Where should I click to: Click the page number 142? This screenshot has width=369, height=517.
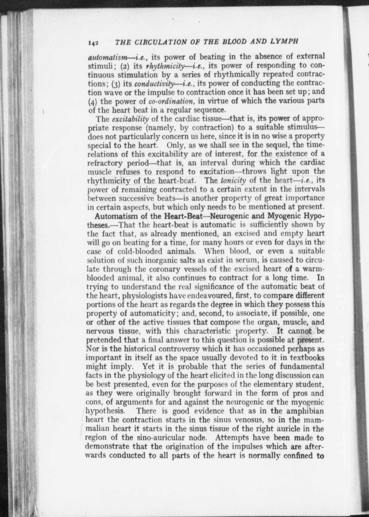click(x=93, y=43)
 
